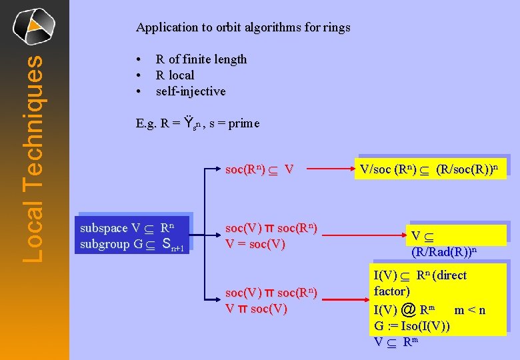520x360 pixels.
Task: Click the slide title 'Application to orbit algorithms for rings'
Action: pyautogui.click(x=243, y=27)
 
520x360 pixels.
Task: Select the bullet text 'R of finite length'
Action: pyautogui.click(x=201, y=59)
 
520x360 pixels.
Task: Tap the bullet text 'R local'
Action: pyautogui.click(x=175, y=75)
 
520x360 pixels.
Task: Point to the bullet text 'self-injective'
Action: pyautogui.click(x=191, y=91)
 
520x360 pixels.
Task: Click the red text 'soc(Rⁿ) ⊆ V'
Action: pyautogui.click(x=259, y=169)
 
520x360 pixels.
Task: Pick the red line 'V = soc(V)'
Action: pyautogui.click(x=255, y=244)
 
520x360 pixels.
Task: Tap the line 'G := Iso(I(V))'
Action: pyautogui.click(x=411, y=326)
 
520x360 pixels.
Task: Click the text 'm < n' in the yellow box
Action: pyautogui.click(x=470, y=310)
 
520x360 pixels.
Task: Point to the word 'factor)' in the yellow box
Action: pyautogui.click(x=392, y=291)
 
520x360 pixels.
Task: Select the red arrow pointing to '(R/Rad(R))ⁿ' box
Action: pyautogui.click(x=363, y=236)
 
